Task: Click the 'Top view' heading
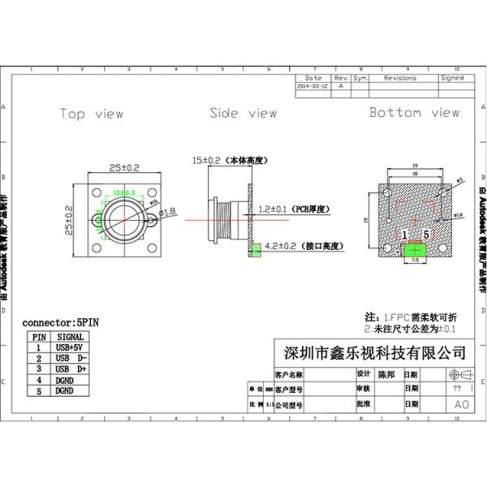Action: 91,114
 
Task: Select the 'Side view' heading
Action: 243,114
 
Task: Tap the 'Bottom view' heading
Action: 414,113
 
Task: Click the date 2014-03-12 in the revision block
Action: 312,85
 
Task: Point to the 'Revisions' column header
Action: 399,78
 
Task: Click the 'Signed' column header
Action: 451,78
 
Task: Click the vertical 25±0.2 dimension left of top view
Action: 70,219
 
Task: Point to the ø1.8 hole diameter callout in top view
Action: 169,213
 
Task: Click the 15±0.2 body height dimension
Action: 208,161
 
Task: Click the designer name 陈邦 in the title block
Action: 388,375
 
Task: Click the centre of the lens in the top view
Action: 123,219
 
